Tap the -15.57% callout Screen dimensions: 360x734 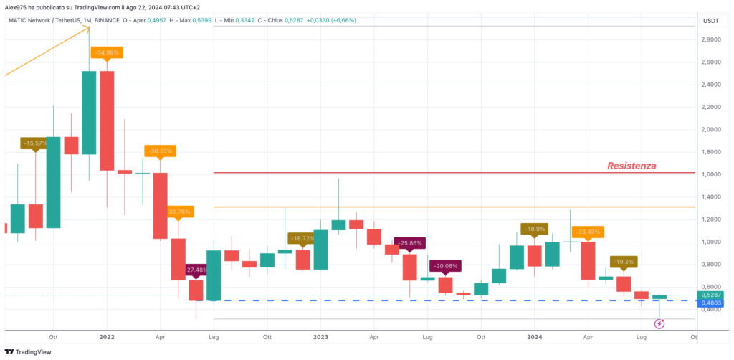tap(35, 143)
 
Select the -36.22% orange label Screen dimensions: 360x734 tap(159, 151)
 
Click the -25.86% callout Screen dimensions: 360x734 tap(409, 243)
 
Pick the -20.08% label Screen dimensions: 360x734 tap(445, 267)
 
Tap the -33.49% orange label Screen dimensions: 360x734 tap(587, 232)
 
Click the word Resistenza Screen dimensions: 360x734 tap(631, 166)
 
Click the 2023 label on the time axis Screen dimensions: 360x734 tap(320, 336)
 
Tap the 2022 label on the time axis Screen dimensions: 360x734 tap(107, 336)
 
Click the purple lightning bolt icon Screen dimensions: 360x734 tap(659, 324)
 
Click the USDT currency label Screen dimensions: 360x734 tap(711, 20)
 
